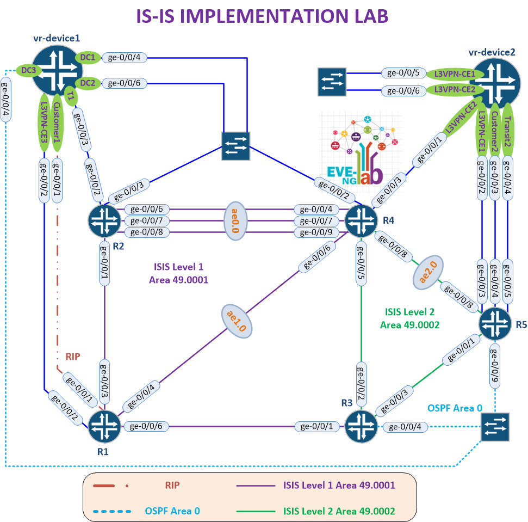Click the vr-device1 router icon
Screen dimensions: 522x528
coord(57,70)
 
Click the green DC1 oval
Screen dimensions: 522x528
coord(88,57)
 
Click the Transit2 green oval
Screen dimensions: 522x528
coord(507,122)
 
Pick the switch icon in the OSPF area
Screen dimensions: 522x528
coord(495,426)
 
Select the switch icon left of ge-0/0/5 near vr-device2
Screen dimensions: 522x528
coord(333,81)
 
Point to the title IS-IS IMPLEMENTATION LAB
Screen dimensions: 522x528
coord(264,16)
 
